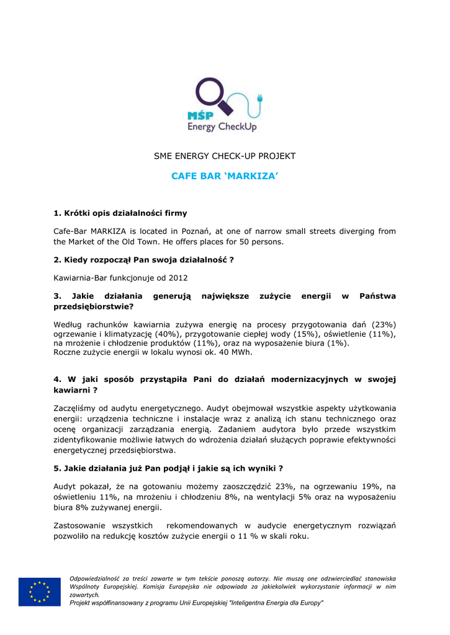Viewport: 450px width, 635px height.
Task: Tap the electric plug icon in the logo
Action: coord(259,97)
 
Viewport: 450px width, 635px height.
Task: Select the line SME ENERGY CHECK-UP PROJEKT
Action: coord(225,156)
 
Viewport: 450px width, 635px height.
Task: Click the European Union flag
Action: coord(40,592)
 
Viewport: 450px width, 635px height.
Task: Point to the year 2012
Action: coord(178,278)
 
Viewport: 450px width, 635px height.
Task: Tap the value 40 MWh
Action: coord(238,352)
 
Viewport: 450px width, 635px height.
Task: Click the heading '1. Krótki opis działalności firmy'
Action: coord(120,213)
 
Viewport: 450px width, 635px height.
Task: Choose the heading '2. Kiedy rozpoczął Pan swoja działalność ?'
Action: coord(143,260)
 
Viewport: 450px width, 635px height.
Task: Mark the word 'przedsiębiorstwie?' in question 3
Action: coord(94,306)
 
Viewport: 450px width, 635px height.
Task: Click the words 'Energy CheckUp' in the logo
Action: coord(222,127)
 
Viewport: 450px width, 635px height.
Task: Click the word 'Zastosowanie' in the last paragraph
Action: coord(81,526)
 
